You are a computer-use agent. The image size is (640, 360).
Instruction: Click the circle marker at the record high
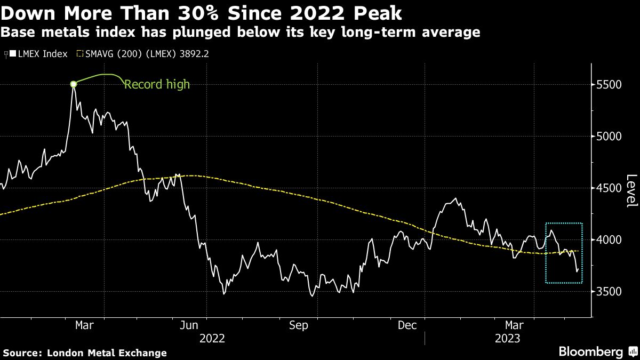74,84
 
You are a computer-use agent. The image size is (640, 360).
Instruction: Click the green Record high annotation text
157,84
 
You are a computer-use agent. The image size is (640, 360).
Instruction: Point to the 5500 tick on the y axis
608,85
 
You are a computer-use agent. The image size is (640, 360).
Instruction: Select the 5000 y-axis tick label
608,137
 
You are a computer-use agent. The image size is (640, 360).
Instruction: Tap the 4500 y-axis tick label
608,188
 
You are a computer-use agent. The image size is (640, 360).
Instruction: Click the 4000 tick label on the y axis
608,240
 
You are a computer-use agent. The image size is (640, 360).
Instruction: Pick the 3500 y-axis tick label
608,292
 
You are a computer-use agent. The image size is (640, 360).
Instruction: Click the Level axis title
631,191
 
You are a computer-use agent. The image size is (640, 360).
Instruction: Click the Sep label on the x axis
298,325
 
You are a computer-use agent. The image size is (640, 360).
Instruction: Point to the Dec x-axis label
407,325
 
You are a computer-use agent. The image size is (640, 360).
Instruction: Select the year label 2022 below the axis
212,339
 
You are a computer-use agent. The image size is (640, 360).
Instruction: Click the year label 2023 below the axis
508,339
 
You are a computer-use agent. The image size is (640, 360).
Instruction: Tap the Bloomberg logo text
590,351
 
